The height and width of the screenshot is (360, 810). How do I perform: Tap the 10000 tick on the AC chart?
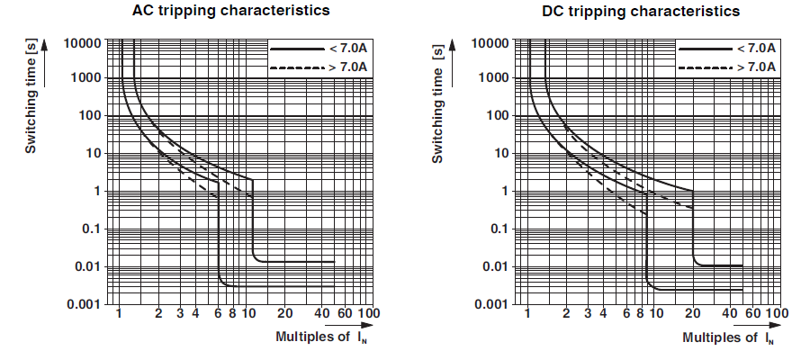tap(83, 41)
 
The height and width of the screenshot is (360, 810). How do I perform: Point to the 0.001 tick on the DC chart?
tap(490, 304)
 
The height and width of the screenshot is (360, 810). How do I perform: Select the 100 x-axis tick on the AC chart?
tap(366, 314)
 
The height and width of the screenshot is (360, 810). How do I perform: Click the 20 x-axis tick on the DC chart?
tap(694, 314)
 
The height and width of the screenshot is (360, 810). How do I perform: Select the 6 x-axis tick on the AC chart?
tap(219, 314)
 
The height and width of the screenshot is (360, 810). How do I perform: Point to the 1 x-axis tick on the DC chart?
tap(527, 314)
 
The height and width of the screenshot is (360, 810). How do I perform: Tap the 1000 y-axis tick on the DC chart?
tap(494, 78)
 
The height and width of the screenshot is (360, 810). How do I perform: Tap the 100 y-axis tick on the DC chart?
tap(498, 116)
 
